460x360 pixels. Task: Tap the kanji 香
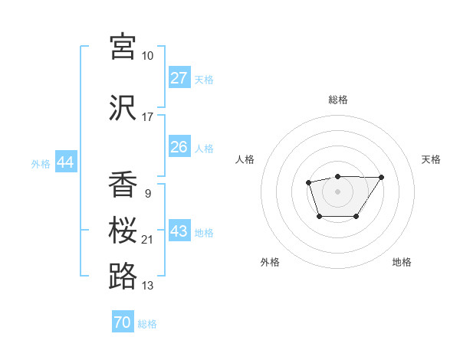coord(123,184)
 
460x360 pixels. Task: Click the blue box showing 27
coord(179,78)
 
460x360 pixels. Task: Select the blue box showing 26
coord(179,147)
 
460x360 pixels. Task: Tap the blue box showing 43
coord(179,231)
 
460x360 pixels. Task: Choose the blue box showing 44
coord(65,162)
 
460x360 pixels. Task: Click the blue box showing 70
coord(123,322)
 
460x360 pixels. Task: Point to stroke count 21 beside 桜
coord(147,240)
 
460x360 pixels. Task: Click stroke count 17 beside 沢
coord(147,117)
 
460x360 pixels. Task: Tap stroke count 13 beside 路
coord(147,286)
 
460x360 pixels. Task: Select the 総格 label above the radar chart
coord(337,100)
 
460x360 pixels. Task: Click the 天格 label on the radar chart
coord(432,159)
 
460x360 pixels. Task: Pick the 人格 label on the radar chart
coord(245,159)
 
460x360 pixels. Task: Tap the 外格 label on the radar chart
coord(270,262)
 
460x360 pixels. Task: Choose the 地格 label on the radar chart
coord(402,262)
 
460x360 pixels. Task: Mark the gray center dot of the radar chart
coord(337,191)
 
